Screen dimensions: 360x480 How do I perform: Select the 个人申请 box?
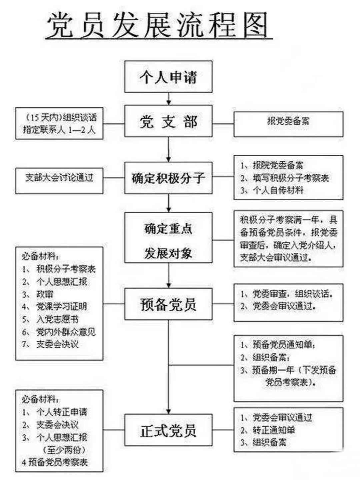[x=168, y=77]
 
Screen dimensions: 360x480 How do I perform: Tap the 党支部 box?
[x=168, y=121]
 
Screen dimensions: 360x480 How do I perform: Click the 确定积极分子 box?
[x=168, y=178]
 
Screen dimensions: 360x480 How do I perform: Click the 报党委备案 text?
[x=288, y=121]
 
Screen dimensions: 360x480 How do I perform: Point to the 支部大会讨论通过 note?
[x=59, y=177]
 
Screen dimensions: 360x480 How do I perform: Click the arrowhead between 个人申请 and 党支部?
[x=169, y=102]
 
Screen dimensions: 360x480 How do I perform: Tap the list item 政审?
[x=45, y=294]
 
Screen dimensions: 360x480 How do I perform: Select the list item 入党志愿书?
[x=57, y=319]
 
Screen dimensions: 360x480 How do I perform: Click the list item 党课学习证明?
[x=61, y=307]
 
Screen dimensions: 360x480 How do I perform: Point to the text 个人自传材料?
[x=278, y=190]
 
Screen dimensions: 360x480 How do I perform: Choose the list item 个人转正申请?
[x=62, y=412]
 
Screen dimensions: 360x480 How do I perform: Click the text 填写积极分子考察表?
[x=291, y=178]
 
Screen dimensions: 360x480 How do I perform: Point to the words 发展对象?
[x=168, y=253]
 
